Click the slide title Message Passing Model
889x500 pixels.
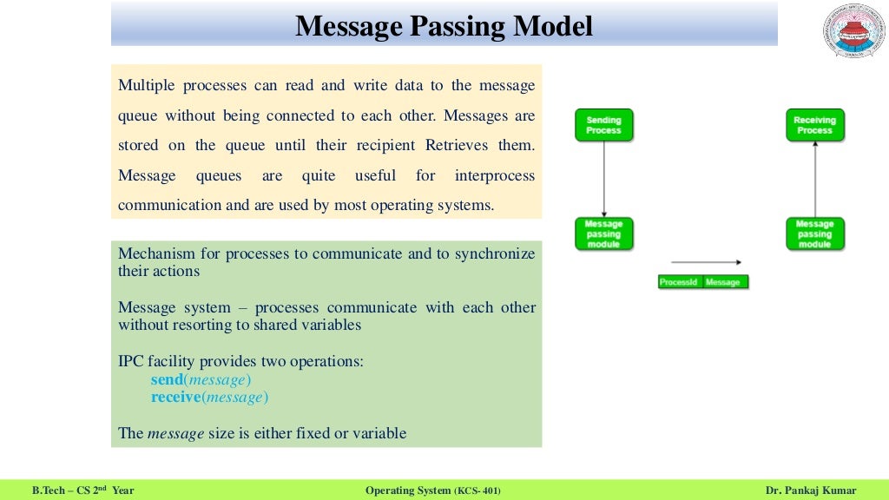(444, 26)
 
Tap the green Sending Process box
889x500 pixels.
(603, 125)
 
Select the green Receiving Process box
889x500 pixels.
(814, 125)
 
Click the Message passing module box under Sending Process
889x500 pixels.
(603, 234)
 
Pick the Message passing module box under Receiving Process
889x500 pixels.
(814, 234)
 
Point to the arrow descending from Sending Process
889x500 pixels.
(603, 178)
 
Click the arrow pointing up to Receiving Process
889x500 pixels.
(814, 178)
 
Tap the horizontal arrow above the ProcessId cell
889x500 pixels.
(706, 261)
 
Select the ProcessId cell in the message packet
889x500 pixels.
(678, 282)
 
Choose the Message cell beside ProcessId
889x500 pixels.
(724, 282)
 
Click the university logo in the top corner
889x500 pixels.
(852, 33)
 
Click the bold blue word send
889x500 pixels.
(167, 380)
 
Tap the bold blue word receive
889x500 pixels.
(175, 398)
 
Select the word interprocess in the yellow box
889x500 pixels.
(494, 175)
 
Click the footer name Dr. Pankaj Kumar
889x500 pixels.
(811, 490)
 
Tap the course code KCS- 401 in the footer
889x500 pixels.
(477, 490)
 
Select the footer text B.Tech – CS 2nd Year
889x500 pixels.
(83, 490)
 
